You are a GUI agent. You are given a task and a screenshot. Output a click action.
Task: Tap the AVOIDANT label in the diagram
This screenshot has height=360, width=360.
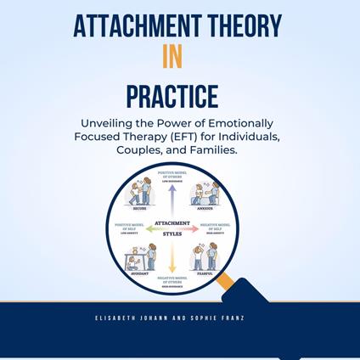point(138,273)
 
